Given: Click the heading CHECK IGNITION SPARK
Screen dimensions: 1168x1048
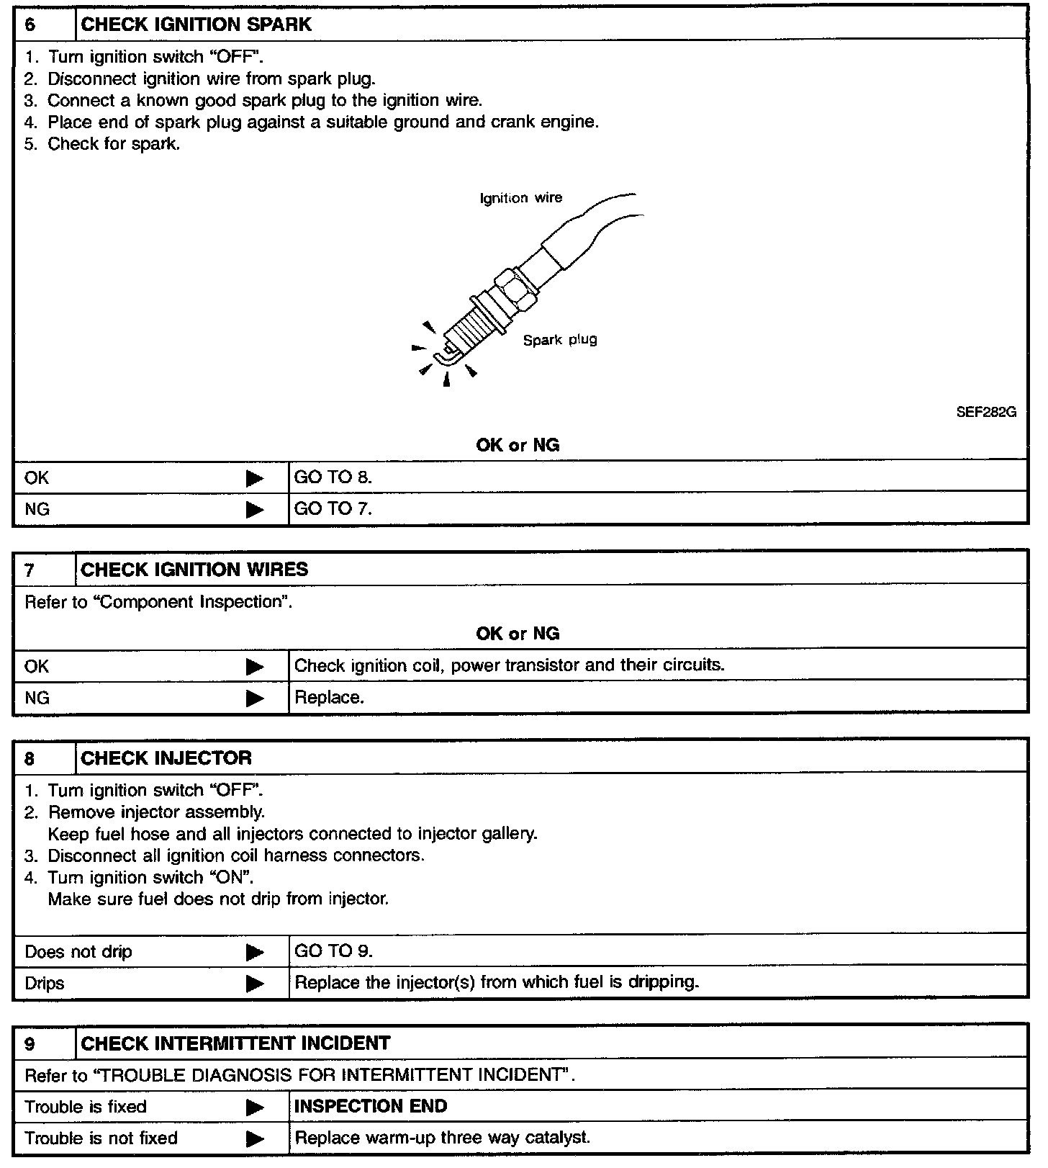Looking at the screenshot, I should [x=196, y=24].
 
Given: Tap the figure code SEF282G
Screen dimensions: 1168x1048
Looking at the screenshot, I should [x=985, y=413].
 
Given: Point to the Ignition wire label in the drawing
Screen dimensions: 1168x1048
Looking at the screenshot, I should [x=521, y=198].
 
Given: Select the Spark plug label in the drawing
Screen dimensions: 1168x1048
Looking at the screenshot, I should [x=560, y=340].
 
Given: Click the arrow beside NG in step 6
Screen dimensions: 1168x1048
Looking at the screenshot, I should [x=255, y=510].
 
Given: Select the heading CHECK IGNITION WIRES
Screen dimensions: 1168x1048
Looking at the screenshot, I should [x=194, y=570].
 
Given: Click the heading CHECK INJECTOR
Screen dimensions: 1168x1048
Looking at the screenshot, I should [x=166, y=758].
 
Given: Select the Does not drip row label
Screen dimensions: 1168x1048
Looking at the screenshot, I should [x=78, y=952].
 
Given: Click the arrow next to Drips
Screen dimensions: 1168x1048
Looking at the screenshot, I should [x=255, y=984].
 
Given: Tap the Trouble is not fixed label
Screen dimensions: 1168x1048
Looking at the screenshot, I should [x=101, y=1138].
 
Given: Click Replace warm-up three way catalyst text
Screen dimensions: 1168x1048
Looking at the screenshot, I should [x=443, y=1138].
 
